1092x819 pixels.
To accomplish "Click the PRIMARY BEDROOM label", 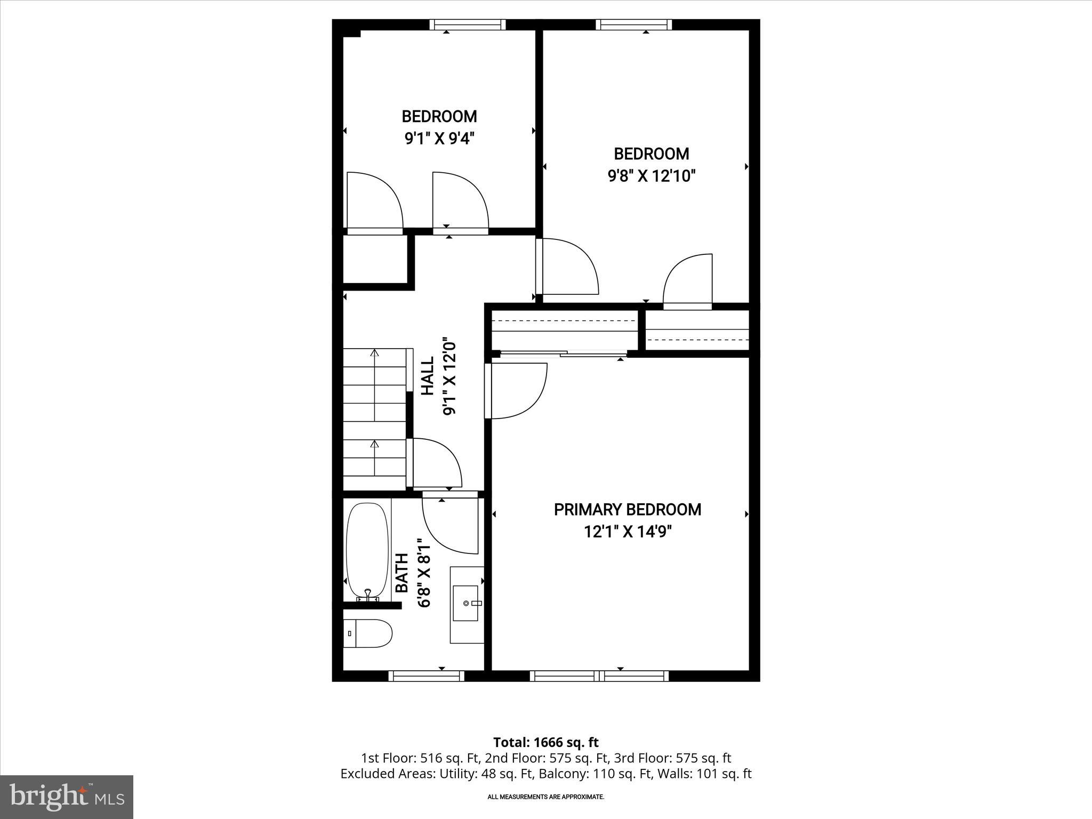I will [627, 510].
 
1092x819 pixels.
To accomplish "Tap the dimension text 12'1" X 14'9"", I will [627, 532].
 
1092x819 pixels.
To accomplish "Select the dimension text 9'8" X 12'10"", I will [652, 176].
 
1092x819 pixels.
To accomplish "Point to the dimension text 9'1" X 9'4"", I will [439, 139].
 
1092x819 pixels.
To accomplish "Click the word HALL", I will [428, 376].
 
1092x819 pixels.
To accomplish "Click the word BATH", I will [402, 573].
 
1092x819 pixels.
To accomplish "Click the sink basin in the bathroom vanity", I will [465, 603].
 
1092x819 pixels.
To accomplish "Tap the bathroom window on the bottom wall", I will [426, 676].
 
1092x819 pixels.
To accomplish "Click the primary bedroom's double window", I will [599, 676].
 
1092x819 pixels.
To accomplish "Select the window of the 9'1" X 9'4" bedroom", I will [468, 25].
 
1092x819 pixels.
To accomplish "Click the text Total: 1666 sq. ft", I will [545, 742].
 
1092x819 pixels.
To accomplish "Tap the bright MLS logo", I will [67, 797].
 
